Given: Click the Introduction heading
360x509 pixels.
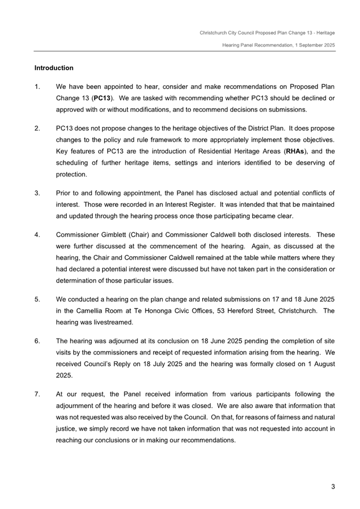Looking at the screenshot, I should click(54, 68).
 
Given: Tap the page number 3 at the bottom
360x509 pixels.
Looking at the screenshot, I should click(333, 486).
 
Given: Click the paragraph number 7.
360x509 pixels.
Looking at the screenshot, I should click(37, 394).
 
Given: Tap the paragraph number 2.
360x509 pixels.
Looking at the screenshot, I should click(37, 128).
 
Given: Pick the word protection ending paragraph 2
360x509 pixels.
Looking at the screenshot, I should click(73, 174).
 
